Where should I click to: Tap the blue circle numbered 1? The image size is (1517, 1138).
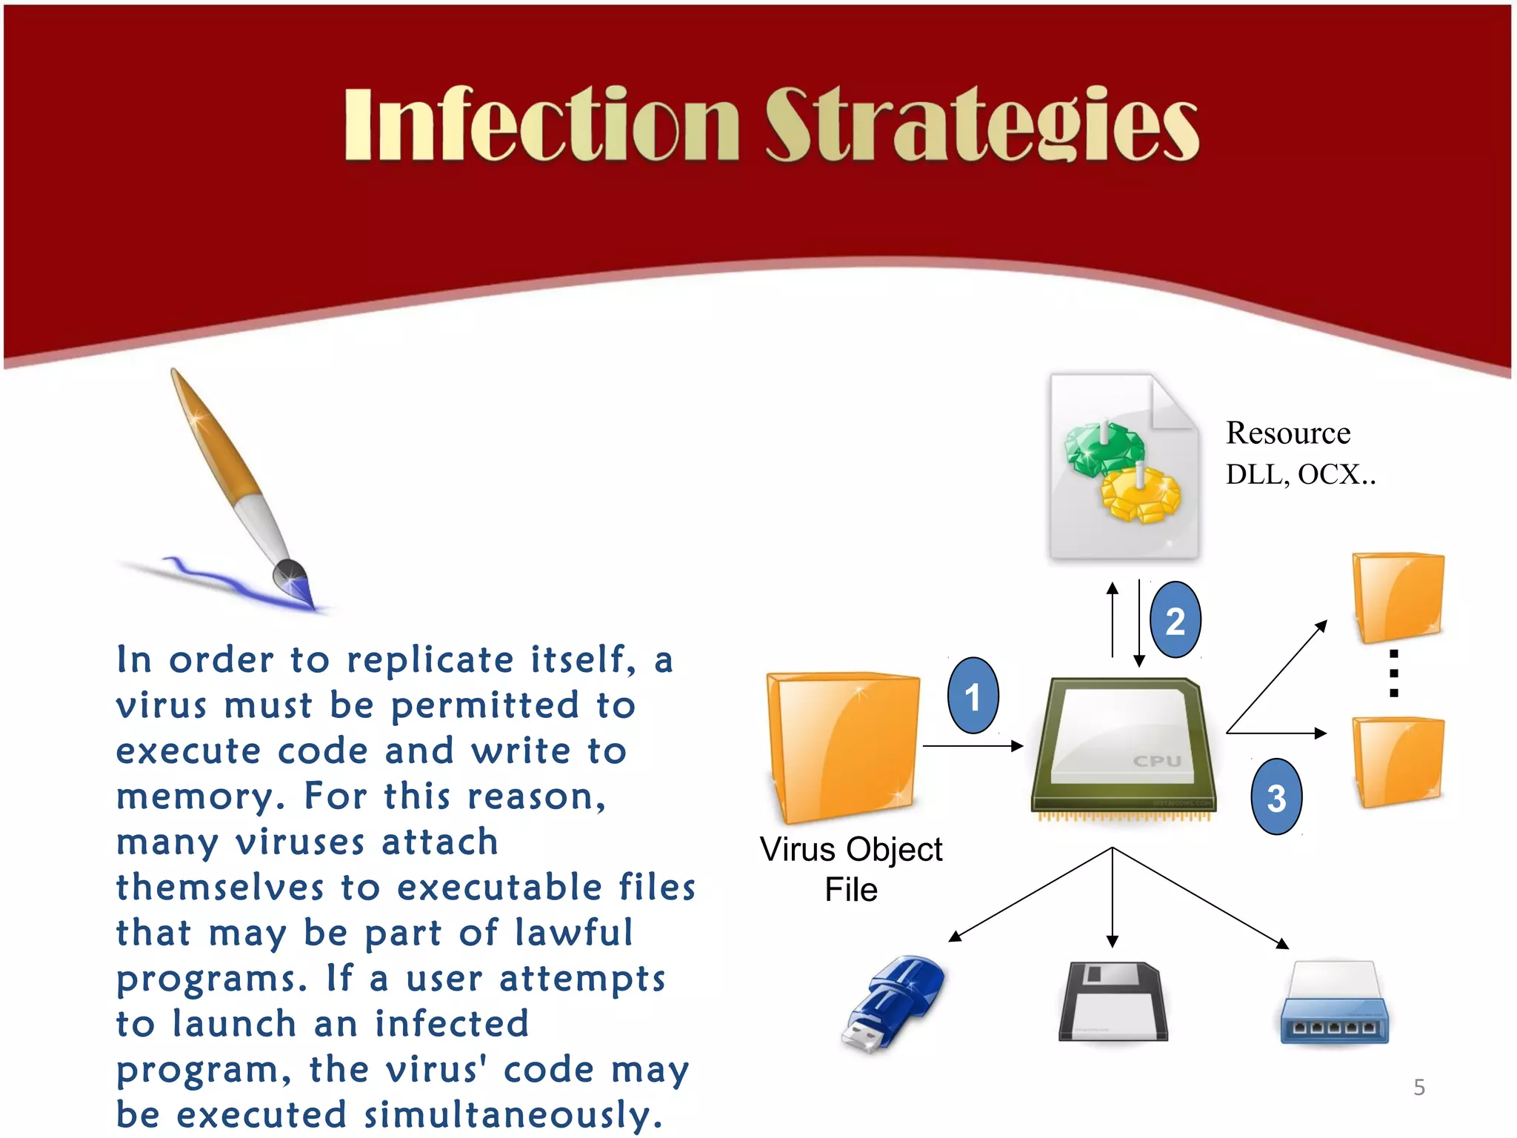pyautogui.click(x=973, y=696)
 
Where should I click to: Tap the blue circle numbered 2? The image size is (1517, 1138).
pyautogui.click(x=1175, y=620)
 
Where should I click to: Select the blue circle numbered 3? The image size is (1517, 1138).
pyautogui.click(x=1276, y=797)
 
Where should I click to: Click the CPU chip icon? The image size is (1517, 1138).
pyautogui.click(x=1122, y=748)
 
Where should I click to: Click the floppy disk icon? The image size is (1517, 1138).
pyautogui.click(x=1113, y=1002)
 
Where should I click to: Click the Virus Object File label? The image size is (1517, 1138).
pyautogui.click(x=851, y=868)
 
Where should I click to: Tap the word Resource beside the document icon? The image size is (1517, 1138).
pyautogui.click(x=1287, y=433)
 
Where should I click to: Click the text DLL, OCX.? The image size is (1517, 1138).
pyautogui.click(x=1300, y=474)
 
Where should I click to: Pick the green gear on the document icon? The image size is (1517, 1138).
pyautogui.click(x=1104, y=448)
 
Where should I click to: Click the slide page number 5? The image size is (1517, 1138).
pyautogui.click(x=1418, y=1087)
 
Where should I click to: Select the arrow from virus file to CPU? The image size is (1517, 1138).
pyautogui.click(x=972, y=746)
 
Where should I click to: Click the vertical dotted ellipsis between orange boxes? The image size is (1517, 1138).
pyautogui.click(x=1393, y=673)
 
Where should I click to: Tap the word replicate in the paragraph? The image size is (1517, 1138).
pyautogui.click(x=430, y=659)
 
